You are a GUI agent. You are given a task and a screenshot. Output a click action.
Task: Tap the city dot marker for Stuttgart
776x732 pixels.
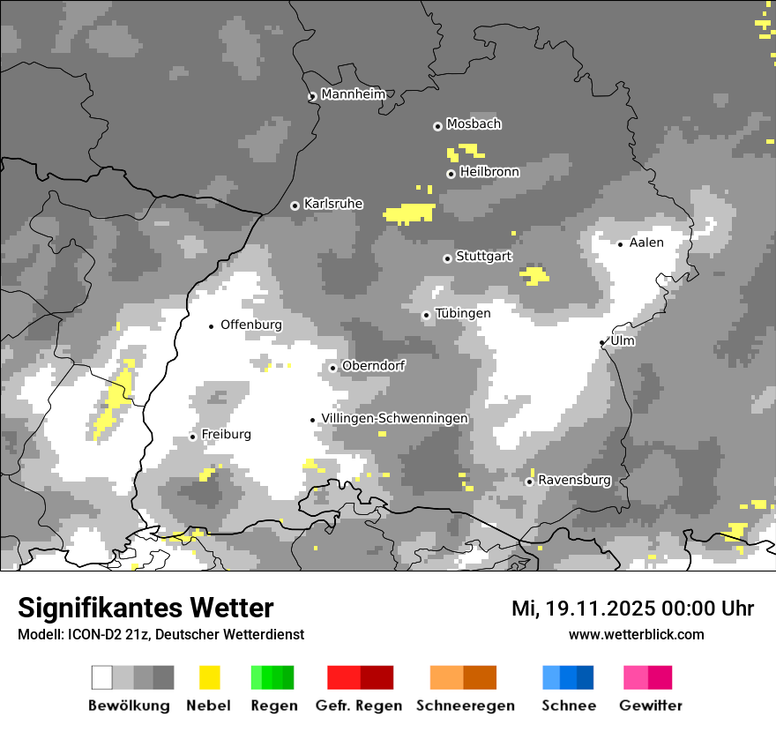[x=447, y=258]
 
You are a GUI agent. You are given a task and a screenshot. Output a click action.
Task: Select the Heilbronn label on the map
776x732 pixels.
[x=489, y=172]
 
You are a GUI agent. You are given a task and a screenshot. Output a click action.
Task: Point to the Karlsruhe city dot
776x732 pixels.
[x=295, y=205]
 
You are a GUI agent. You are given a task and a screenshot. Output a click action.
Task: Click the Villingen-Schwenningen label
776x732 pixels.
[x=394, y=418]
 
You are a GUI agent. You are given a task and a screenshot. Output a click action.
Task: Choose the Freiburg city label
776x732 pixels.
[x=226, y=434]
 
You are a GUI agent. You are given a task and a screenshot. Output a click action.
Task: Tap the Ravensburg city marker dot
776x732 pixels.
[x=529, y=482]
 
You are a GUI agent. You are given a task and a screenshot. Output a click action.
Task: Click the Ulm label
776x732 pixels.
[x=623, y=340]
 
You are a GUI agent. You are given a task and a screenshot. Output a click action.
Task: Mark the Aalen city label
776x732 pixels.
[x=646, y=243]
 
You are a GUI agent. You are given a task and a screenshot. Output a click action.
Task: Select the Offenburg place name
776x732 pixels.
[x=251, y=325]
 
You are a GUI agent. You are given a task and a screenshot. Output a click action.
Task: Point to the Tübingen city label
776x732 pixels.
[x=463, y=313]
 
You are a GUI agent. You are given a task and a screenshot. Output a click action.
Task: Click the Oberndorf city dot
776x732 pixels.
[x=332, y=368]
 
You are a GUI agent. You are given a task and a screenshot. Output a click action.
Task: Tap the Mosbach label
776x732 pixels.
[x=474, y=123]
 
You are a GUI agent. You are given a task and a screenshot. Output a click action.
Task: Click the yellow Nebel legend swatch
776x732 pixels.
[x=209, y=677]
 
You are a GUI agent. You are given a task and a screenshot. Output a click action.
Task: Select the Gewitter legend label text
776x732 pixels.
[x=650, y=706]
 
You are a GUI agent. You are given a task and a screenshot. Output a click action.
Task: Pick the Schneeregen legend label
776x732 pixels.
[x=465, y=706]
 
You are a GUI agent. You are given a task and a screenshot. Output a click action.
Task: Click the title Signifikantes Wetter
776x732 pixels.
[x=145, y=608]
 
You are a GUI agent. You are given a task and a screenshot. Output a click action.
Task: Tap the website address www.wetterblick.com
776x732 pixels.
[x=636, y=634]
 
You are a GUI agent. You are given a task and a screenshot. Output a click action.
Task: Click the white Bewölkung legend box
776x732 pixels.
[x=102, y=677]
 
